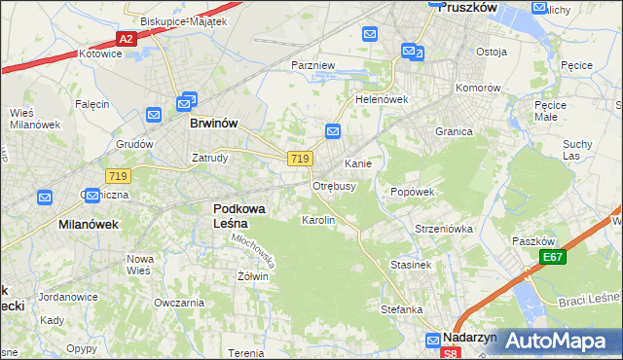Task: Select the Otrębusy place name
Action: click(x=334, y=185)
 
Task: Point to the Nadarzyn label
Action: click(x=469, y=337)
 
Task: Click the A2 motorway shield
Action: click(x=125, y=39)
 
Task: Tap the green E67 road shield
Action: click(x=554, y=257)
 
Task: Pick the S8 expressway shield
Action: click(x=449, y=353)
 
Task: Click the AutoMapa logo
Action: click(x=556, y=341)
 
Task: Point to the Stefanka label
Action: click(x=401, y=309)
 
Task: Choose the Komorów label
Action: click(x=478, y=87)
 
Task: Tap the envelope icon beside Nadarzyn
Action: click(x=432, y=340)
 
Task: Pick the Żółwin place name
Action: click(x=252, y=276)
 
